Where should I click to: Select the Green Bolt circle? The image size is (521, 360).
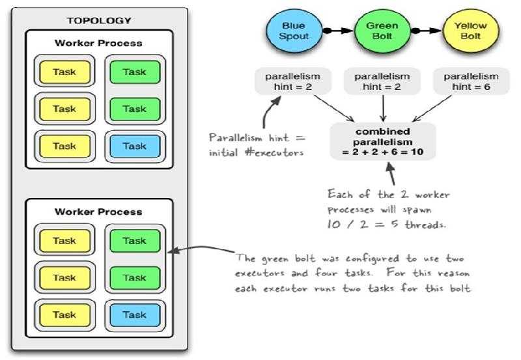click(382, 30)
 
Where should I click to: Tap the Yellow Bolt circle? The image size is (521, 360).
click(471, 30)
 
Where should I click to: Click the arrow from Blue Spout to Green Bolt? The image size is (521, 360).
click(337, 30)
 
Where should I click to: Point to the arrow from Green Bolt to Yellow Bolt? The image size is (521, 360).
click(426, 30)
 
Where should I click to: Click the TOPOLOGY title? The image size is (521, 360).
click(99, 20)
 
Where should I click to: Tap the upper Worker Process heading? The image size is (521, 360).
click(98, 44)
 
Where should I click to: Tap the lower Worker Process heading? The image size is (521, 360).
click(98, 212)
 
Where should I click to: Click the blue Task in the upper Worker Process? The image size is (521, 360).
click(135, 146)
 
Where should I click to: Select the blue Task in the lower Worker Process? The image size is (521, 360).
click(135, 315)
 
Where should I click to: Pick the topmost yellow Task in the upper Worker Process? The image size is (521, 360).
click(64, 72)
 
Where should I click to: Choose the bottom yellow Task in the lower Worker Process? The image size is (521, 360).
click(64, 315)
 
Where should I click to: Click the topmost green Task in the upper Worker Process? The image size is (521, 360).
click(135, 72)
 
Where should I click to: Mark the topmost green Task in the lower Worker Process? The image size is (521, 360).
click(135, 241)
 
